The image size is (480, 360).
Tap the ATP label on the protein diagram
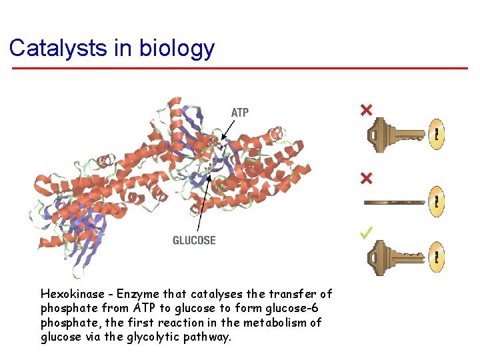pyautogui.click(x=240, y=113)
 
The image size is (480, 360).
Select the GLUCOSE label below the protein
pyautogui.click(x=194, y=240)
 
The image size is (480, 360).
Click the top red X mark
pyautogui.click(x=366, y=109)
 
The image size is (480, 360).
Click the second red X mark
pyautogui.click(x=366, y=179)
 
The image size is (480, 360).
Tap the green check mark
pyautogui.click(x=366, y=233)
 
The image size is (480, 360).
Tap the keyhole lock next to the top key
pyautogui.click(x=437, y=135)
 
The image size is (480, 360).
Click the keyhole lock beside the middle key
pyautogui.click(x=437, y=201)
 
